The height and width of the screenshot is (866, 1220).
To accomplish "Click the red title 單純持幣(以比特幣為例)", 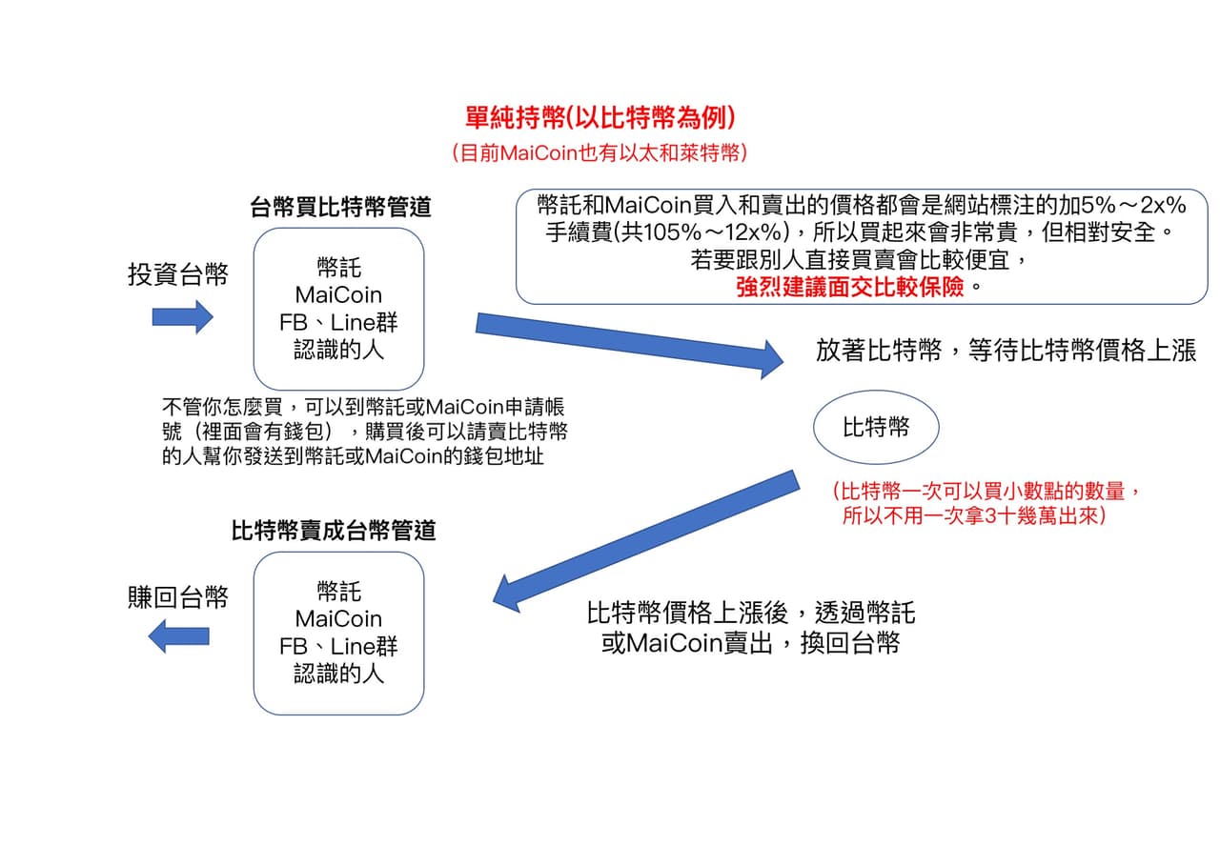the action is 600,117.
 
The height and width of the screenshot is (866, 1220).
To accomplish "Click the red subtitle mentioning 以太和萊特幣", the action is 600,153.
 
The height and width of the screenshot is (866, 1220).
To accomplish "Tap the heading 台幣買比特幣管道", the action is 340,207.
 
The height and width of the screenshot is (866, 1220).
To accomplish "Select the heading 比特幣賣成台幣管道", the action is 334,530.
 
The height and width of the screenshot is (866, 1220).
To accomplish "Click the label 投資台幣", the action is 178,273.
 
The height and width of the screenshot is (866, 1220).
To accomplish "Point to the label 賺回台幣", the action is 178,597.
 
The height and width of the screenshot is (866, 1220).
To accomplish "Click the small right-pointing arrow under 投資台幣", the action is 182,317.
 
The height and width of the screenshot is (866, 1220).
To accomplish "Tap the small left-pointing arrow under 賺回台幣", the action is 178,635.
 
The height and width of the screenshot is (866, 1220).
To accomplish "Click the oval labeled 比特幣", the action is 876,428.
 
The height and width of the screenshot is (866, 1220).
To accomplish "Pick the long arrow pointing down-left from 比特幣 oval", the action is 646,541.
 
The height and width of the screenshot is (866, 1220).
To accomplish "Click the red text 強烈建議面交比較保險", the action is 849,287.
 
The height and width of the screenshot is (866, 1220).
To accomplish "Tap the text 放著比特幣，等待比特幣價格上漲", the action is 1006,350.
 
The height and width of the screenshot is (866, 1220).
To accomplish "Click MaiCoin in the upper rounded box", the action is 338,295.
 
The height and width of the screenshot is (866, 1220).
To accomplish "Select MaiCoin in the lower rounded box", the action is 338,619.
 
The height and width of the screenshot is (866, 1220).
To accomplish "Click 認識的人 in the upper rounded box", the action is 338,350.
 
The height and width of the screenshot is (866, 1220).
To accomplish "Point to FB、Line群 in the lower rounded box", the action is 338,647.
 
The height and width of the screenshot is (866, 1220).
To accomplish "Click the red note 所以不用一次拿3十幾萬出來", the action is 974,514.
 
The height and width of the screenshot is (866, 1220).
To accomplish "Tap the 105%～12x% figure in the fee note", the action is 715,232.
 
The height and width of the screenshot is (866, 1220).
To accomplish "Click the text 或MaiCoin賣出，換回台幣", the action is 750,643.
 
